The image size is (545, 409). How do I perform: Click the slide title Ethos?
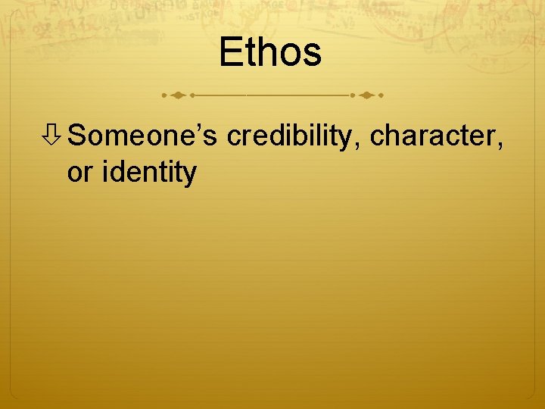(x=271, y=53)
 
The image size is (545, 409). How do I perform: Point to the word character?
(x=434, y=137)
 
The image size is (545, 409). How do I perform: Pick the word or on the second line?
(x=80, y=173)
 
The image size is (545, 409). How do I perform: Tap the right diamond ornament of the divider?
(x=366, y=96)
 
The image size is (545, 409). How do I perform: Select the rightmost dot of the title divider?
(x=381, y=96)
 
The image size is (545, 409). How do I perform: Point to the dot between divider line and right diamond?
(x=352, y=96)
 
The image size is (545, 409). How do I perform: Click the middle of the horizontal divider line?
(x=272, y=96)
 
